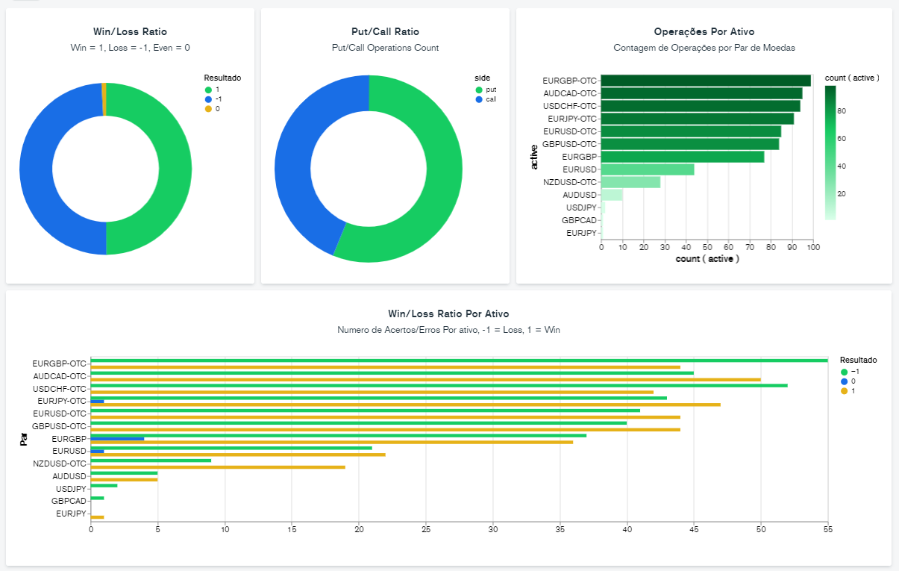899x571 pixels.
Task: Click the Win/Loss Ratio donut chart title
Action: click(130, 32)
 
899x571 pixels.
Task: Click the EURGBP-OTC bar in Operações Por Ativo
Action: click(705, 81)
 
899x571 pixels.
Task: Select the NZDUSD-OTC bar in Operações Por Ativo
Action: click(630, 182)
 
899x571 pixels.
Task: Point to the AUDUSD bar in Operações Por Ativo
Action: click(612, 195)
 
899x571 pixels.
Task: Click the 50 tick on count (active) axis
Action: click(708, 246)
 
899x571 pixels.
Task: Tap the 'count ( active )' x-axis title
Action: click(707, 258)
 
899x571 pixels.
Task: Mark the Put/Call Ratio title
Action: click(385, 32)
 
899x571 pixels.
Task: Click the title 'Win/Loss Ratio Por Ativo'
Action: click(448, 314)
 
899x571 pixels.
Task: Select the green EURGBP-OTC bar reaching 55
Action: click(459, 361)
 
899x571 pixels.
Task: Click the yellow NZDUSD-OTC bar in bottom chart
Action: click(218, 467)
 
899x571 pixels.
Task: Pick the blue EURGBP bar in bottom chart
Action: click(117, 439)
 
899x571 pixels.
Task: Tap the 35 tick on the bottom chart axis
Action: click(560, 529)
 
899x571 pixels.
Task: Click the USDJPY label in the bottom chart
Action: click(72, 489)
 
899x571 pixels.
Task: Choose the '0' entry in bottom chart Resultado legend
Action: click(853, 381)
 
